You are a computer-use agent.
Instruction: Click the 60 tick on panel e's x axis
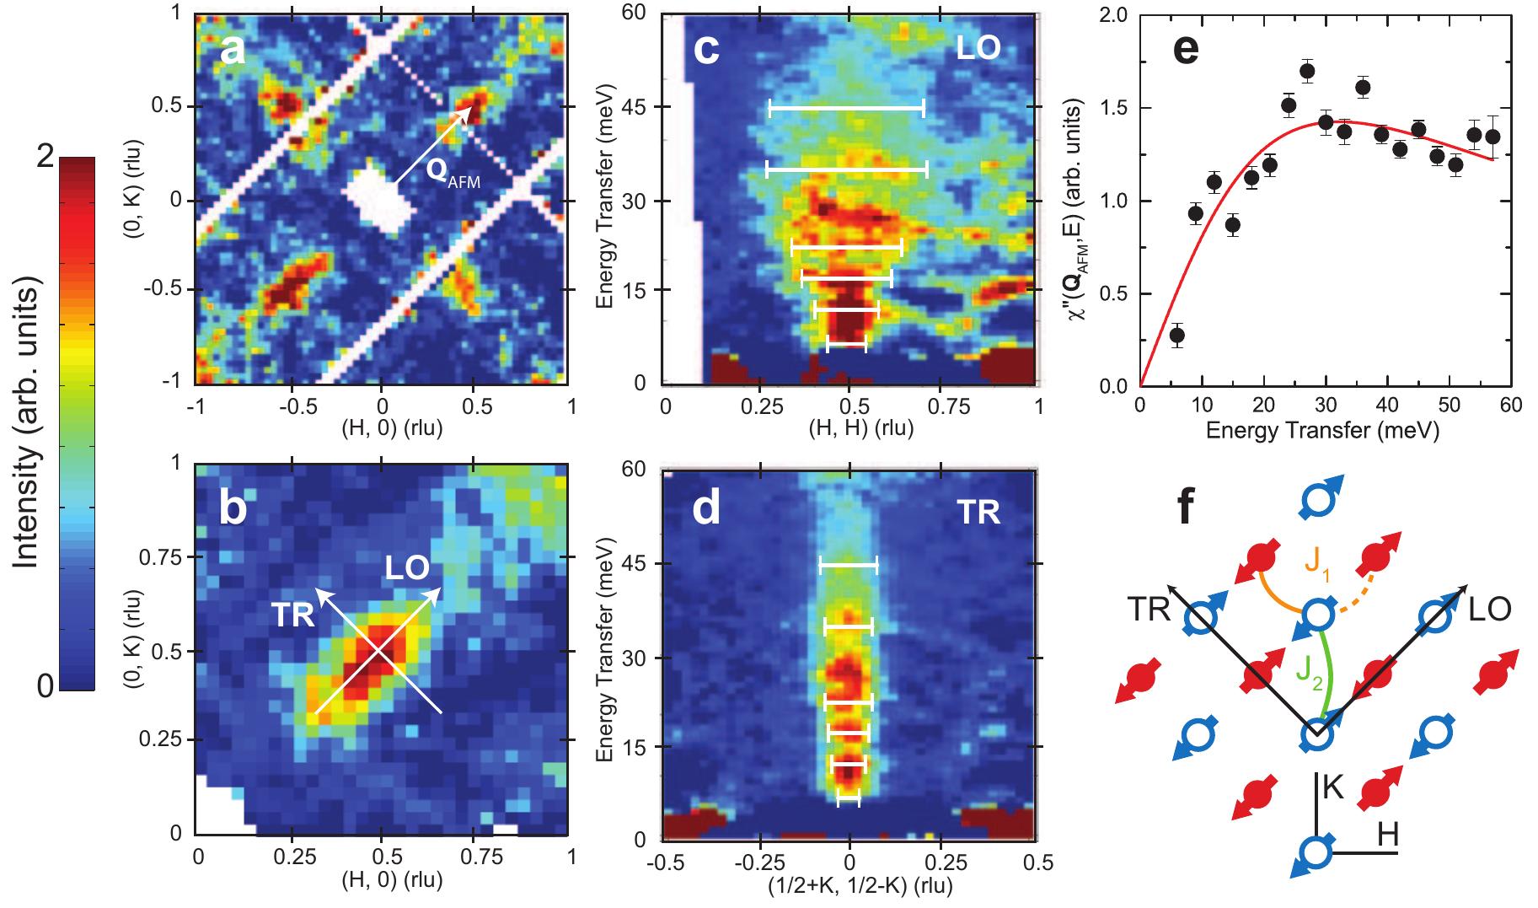(1510, 406)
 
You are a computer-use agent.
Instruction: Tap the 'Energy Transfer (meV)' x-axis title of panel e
(1322, 432)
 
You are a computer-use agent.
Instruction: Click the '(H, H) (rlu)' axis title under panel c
(852, 428)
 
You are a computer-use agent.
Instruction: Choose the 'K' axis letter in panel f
(1332, 787)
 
